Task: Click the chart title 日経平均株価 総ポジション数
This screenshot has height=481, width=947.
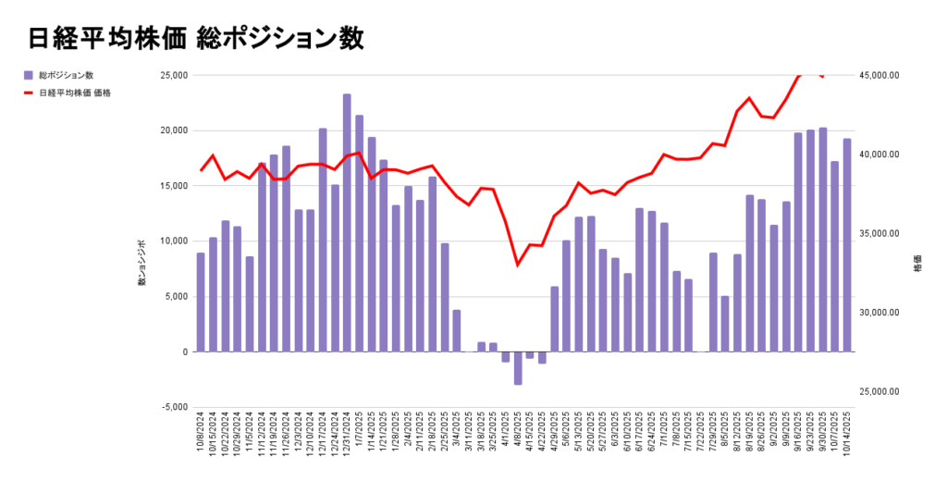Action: [x=196, y=38]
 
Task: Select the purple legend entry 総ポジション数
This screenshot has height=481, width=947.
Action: [x=66, y=75]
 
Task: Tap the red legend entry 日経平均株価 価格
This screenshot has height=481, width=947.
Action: [x=74, y=92]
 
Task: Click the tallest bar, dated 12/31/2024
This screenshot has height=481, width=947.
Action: [x=347, y=222]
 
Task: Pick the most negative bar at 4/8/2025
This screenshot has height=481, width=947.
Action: [x=518, y=368]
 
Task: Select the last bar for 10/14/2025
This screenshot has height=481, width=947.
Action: [x=846, y=245]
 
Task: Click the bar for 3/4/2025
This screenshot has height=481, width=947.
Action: [x=457, y=330]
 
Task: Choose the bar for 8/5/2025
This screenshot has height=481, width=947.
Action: [x=725, y=324]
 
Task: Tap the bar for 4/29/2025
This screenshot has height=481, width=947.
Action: [x=555, y=319]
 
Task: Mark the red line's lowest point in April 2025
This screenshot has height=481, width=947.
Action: [x=518, y=265]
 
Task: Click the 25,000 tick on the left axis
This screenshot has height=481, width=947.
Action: [x=173, y=75]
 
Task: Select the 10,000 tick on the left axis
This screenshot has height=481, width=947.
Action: [x=173, y=241]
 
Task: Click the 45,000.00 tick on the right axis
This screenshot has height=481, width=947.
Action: [x=879, y=75]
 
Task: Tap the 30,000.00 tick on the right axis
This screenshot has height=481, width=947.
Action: [x=879, y=313]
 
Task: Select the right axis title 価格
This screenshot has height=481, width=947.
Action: [x=917, y=263]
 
